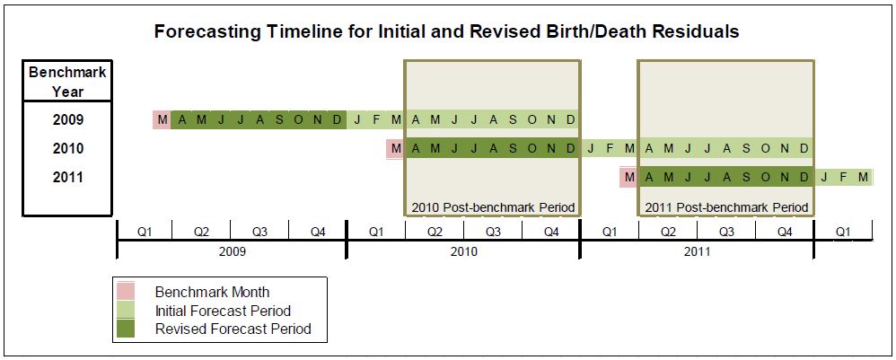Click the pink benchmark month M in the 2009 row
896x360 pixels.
pyautogui.click(x=162, y=120)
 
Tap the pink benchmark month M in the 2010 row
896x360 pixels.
pyautogui.click(x=395, y=148)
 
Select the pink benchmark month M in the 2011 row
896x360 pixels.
pyautogui.click(x=629, y=177)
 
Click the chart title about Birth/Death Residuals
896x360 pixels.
pyautogui.click(x=447, y=31)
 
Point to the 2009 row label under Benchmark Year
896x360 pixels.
pyautogui.click(x=68, y=120)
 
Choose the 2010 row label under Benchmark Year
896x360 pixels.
pyautogui.click(x=68, y=148)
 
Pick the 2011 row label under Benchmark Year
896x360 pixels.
pyautogui.click(x=68, y=177)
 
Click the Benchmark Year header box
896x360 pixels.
pyautogui.click(x=67, y=81)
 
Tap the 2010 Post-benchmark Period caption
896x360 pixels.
pyautogui.click(x=493, y=207)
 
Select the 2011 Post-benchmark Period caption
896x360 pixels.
pyautogui.click(x=726, y=207)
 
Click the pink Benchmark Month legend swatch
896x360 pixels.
pyautogui.click(x=126, y=291)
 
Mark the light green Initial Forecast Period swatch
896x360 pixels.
pyautogui.click(x=126, y=311)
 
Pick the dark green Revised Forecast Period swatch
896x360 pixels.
pyautogui.click(x=126, y=329)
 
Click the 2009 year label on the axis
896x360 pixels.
pyautogui.click(x=233, y=250)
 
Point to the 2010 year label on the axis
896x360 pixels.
pyautogui.click(x=463, y=250)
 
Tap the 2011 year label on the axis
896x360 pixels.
pyautogui.click(x=697, y=250)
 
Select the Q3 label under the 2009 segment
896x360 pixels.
pyautogui.click(x=260, y=232)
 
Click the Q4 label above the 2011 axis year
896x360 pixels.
pyautogui.click(x=785, y=232)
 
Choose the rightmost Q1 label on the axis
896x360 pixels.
pyautogui.click(x=843, y=232)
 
